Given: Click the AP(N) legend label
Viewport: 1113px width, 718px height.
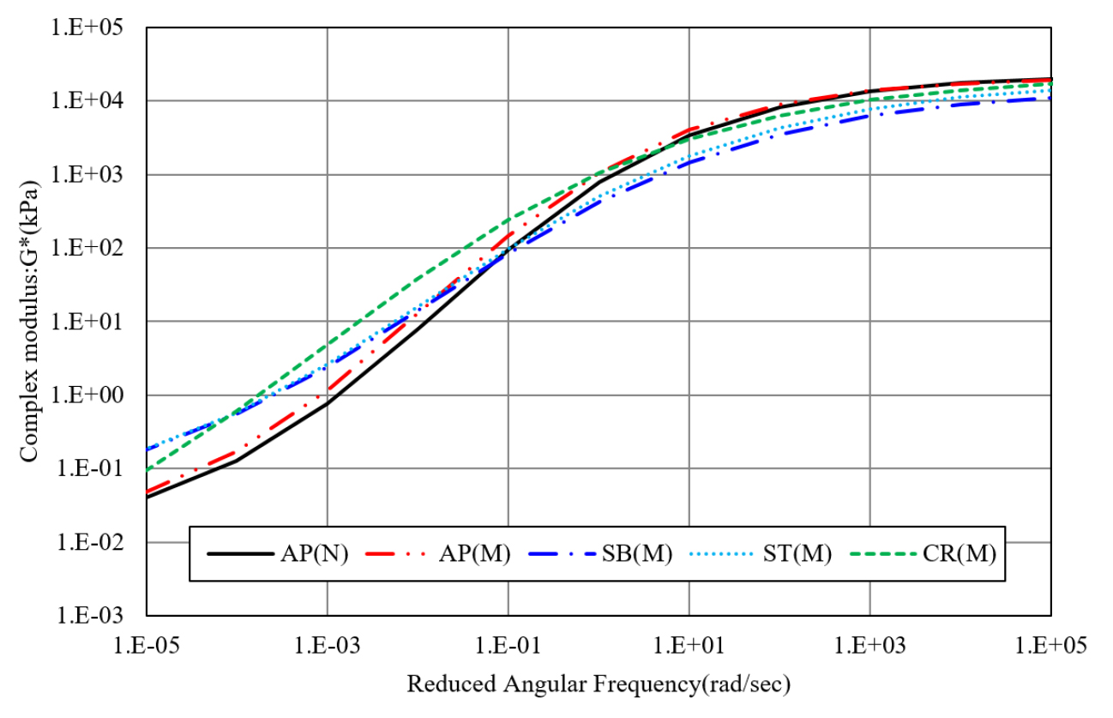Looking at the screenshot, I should [x=314, y=554].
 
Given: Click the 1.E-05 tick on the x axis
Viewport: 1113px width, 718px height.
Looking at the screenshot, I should [x=147, y=643].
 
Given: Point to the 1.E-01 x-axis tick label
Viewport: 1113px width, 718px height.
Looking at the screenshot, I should [x=508, y=643].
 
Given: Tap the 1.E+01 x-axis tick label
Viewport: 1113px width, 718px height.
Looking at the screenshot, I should [x=689, y=643].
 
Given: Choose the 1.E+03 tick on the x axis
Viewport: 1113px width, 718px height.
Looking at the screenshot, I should [x=869, y=643].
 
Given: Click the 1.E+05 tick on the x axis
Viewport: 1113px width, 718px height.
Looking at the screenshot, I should [x=1050, y=643].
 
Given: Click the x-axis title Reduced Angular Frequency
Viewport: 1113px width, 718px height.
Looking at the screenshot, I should [x=598, y=685].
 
